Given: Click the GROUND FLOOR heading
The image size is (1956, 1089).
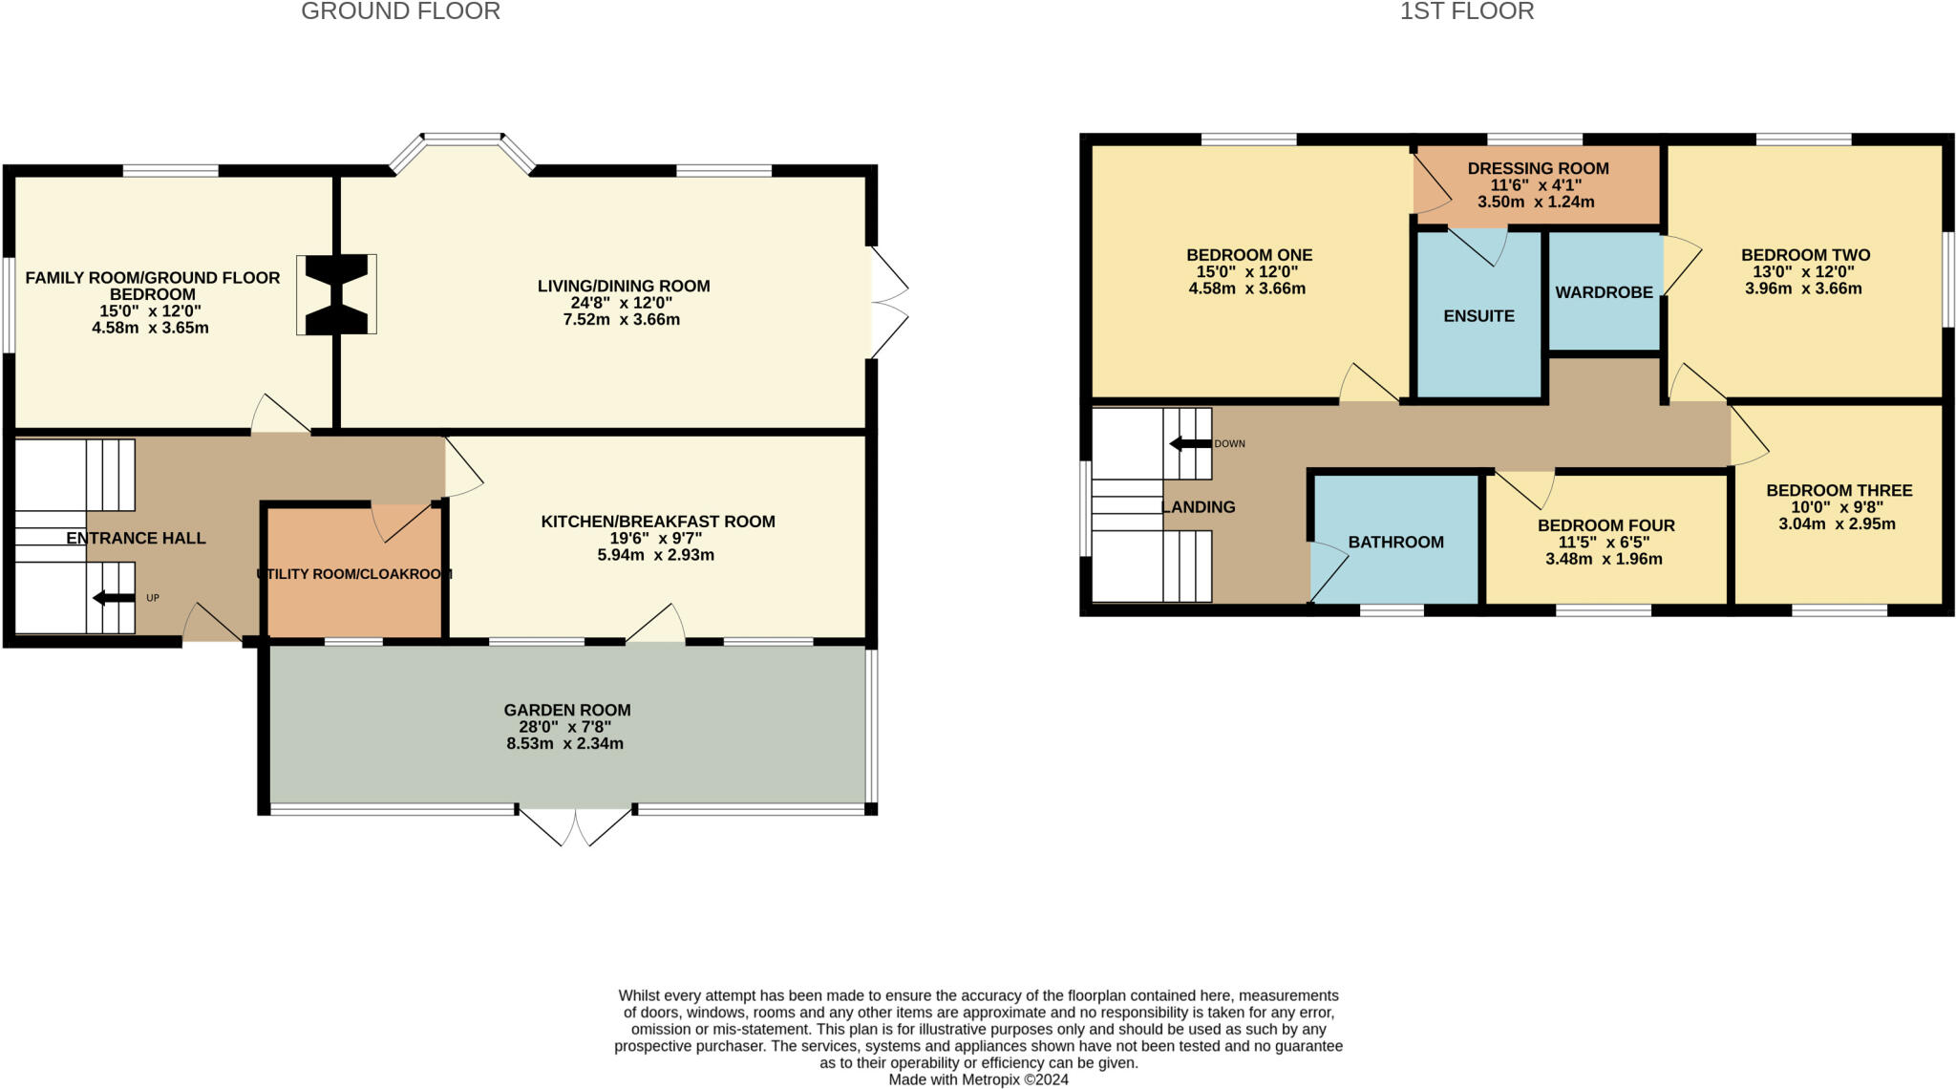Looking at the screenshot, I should [400, 11].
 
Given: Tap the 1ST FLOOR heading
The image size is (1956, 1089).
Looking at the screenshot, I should [1467, 11].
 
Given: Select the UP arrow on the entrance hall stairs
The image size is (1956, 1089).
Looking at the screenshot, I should [114, 598].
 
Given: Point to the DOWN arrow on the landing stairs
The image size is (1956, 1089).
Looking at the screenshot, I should [1190, 443].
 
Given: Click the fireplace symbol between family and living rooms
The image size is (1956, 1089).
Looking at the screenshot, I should [336, 294].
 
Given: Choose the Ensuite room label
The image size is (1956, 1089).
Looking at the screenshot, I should [1478, 316].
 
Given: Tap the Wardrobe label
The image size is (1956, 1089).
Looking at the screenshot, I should [1604, 292].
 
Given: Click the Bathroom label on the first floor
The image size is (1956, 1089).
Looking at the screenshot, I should [1395, 542].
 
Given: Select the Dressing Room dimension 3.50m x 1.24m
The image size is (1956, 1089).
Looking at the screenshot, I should [1536, 203].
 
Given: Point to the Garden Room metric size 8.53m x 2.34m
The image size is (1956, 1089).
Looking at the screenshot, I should [564, 743].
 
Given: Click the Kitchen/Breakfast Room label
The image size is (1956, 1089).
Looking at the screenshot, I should [658, 522].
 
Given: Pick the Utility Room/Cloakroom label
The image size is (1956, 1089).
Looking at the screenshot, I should [353, 574].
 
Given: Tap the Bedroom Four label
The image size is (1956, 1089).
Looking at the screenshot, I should [1605, 525].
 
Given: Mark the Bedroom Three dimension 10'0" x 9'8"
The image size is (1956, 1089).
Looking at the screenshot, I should [1838, 507].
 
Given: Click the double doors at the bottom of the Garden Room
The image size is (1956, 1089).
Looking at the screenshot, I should [575, 827].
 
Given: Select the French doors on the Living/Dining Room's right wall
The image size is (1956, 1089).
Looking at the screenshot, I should [888, 303].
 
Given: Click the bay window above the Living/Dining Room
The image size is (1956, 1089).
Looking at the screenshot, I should [462, 143].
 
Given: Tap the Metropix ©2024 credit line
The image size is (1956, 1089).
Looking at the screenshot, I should [978, 1079].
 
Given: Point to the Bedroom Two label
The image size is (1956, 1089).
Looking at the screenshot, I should [1805, 255].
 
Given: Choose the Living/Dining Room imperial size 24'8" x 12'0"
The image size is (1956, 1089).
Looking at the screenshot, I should [622, 303].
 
